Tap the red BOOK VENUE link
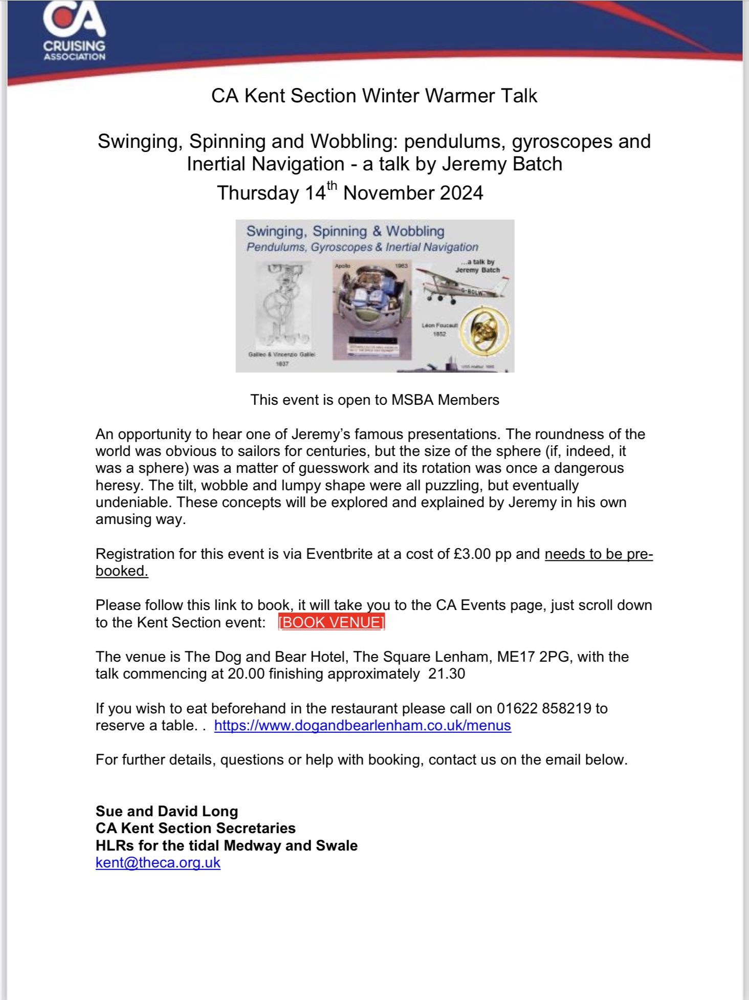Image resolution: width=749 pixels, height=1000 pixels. coord(332,622)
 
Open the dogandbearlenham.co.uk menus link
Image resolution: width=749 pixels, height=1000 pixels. coord(362,726)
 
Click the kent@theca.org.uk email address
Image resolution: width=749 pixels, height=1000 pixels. coord(158,862)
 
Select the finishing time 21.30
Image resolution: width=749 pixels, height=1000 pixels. coord(447,673)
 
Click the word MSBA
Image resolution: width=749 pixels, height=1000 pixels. coord(411,400)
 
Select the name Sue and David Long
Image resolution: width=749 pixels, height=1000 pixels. coord(167,811)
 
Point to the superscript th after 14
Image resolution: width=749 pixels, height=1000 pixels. coord(332,185)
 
